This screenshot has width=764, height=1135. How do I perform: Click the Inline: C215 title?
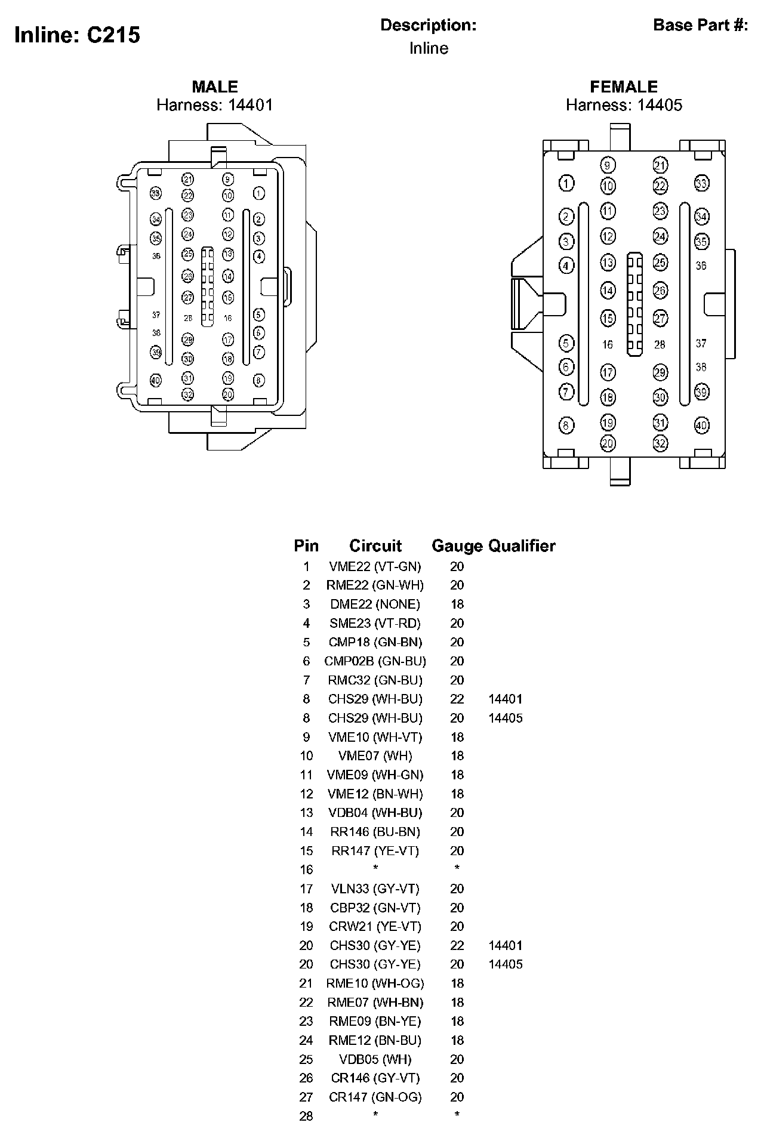tap(77, 35)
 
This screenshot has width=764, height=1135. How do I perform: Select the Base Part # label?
tap(700, 25)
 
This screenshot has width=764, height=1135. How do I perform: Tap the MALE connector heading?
tap(214, 87)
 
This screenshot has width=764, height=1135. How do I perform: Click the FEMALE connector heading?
tap(624, 87)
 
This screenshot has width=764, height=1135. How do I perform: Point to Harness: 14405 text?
tap(624, 105)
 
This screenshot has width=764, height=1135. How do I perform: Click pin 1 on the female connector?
tap(566, 184)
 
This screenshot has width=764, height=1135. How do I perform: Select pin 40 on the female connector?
tap(701, 425)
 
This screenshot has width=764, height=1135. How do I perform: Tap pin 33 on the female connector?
tap(701, 184)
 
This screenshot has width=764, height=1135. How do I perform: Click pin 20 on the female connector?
tap(608, 443)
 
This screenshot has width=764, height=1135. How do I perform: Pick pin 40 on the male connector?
tap(156, 380)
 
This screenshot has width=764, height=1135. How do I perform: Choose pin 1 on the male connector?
tap(258, 193)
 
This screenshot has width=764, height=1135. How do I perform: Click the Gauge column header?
tap(457, 545)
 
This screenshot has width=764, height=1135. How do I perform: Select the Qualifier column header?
tap(522, 545)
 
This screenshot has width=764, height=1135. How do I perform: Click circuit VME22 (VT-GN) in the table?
tap(375, 566)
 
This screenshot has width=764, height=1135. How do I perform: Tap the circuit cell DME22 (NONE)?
tap(375, 604)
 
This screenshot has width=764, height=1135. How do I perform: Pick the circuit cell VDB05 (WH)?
tap(375, 1059)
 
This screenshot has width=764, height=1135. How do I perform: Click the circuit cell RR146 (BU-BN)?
tap(375, 831)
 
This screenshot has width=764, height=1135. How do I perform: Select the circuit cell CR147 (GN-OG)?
tap(375, 1097)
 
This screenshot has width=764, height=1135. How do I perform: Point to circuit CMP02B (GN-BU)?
tap(375, 661)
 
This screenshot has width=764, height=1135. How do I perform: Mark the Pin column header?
tap(306, 545)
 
